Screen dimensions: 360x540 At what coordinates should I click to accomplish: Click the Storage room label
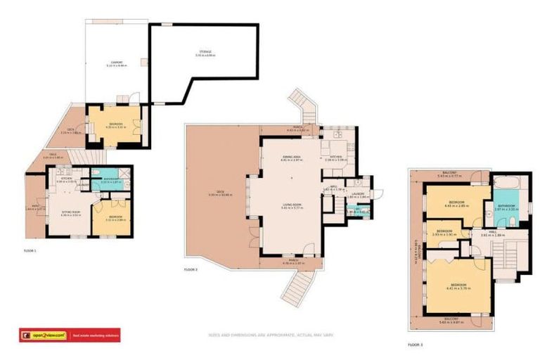[x=205, y=53]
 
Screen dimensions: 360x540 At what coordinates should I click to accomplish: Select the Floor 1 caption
[x=30, y=250]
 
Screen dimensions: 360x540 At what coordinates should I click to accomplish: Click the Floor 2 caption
[x=191, y=270]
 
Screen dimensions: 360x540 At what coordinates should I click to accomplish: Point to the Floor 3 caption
[x=416, y=345]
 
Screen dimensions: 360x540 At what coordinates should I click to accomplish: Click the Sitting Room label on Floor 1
[x=71, y=212]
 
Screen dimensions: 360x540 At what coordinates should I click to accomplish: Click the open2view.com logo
[x=43, y=335]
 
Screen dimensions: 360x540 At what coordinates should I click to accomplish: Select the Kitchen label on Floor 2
[x=333, y=158]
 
